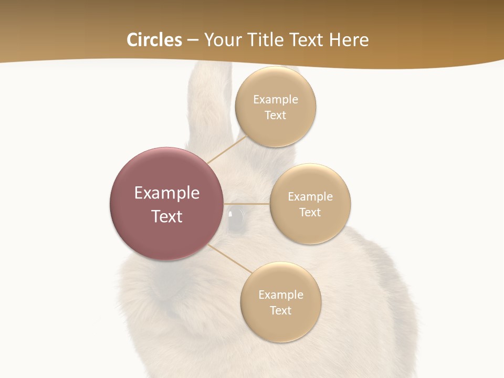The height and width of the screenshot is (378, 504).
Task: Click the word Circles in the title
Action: point(154,40)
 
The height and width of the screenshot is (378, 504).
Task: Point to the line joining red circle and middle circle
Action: point(247,204)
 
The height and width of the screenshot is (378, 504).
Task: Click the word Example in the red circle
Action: point(167,193)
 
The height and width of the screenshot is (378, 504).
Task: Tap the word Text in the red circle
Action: point(167,216)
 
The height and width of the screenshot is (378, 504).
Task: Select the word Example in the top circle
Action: point(276,100)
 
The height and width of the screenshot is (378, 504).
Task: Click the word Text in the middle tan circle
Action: point(310,213)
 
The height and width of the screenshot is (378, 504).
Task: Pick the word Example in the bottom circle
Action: point(281,295)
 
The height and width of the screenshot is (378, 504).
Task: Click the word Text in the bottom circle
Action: point(281,311)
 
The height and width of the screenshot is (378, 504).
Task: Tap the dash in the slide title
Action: point(193,40)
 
